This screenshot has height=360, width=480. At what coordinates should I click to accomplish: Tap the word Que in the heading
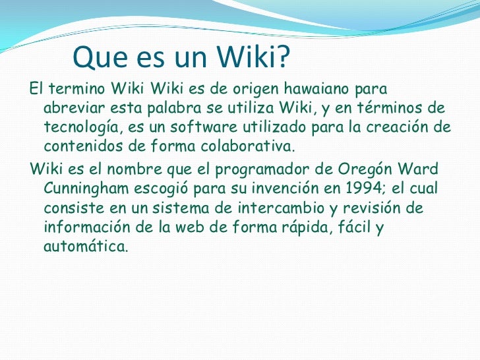(x=96, y=59)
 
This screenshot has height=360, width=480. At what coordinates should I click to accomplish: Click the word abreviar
(x=72, y=107)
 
